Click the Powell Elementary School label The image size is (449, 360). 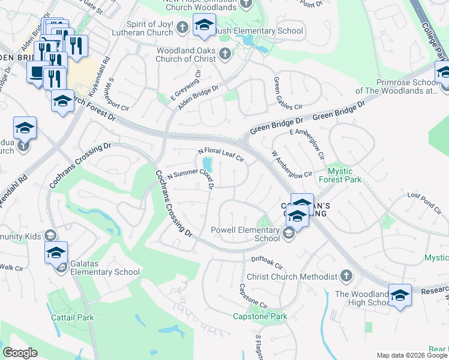[244, 233]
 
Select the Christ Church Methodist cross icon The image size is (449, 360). [345, 276]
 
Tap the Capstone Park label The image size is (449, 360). [260, 316]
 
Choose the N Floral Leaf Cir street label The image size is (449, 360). [220, 155]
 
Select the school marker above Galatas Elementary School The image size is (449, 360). [56, 252]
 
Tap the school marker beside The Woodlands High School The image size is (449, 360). [400, 295]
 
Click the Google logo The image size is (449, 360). [20, 353]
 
